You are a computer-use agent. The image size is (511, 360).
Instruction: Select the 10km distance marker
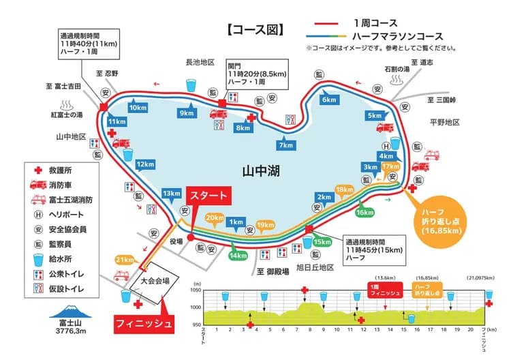click(138, 108)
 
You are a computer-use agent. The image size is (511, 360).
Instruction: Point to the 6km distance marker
click(329, 99)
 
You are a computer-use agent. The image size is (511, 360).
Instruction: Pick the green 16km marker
click(365, 212)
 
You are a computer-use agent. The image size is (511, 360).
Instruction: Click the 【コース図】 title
click(253, 30)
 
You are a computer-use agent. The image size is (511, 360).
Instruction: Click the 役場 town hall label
click(176, 241)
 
